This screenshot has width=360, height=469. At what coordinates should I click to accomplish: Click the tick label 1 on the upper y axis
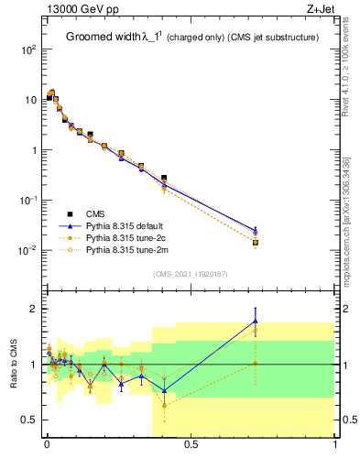(31, 150)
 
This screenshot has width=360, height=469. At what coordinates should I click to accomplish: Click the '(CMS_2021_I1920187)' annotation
(191, 273)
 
